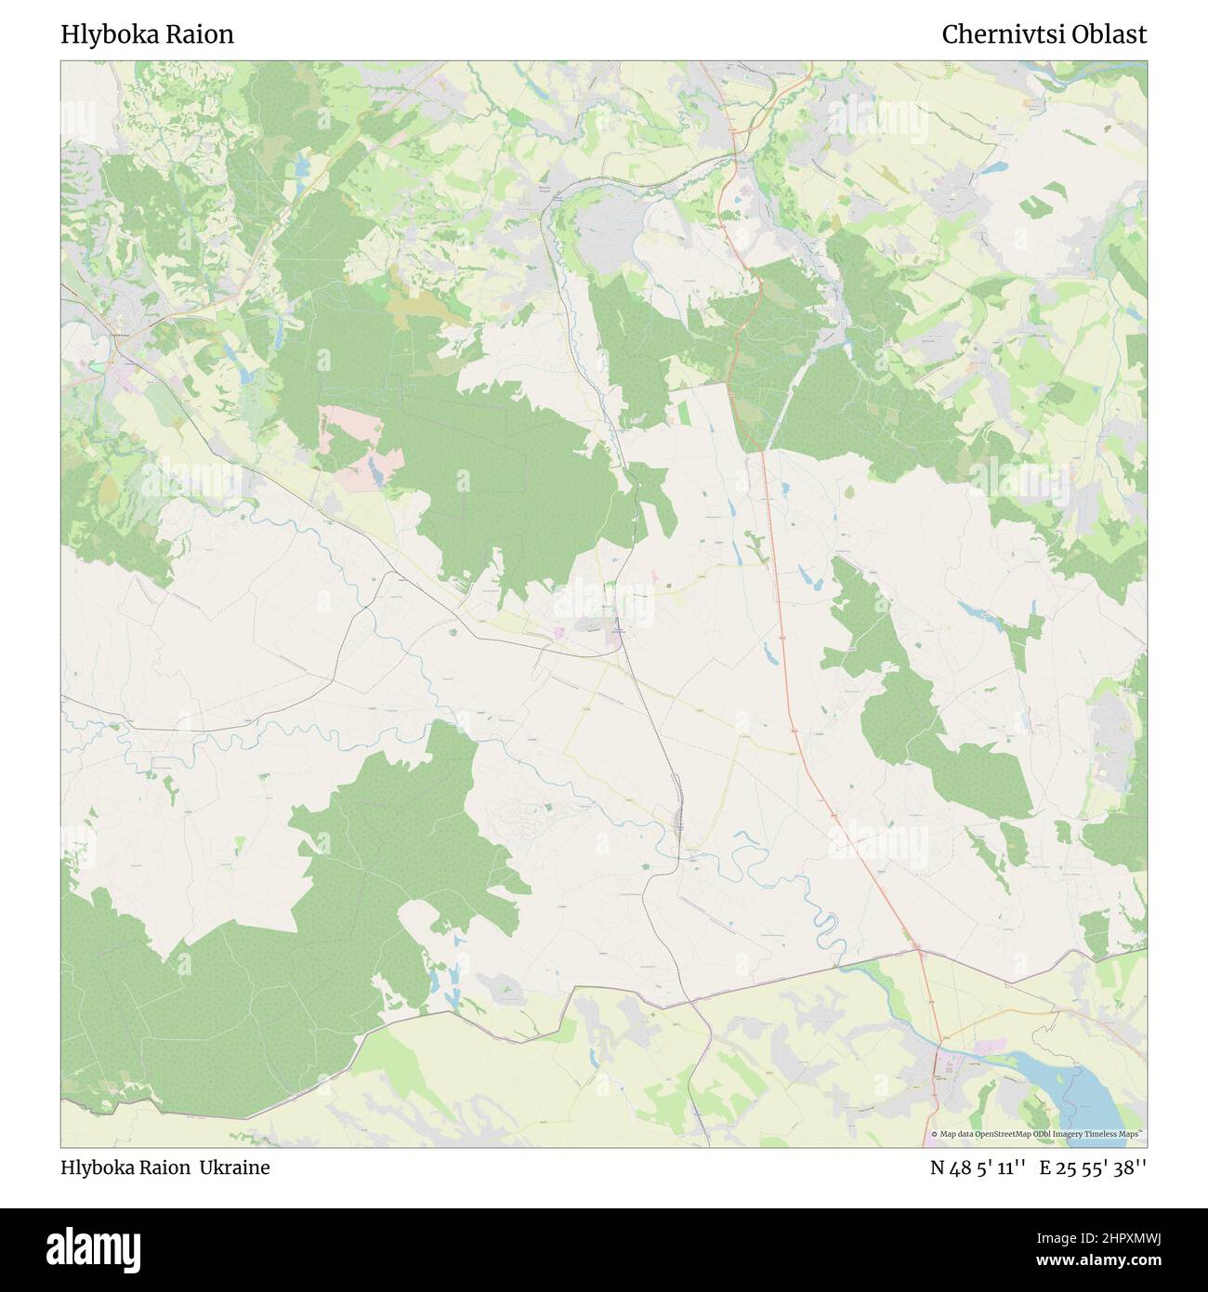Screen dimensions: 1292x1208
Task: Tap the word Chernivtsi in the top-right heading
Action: coord(1005,35)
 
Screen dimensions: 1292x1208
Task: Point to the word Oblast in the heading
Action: coord(1111,35)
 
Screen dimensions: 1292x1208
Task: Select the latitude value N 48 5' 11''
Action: coord(978,1167)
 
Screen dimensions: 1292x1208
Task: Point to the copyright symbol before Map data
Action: coord(935,1134)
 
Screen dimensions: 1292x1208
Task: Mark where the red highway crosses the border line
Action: coord(918,950)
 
